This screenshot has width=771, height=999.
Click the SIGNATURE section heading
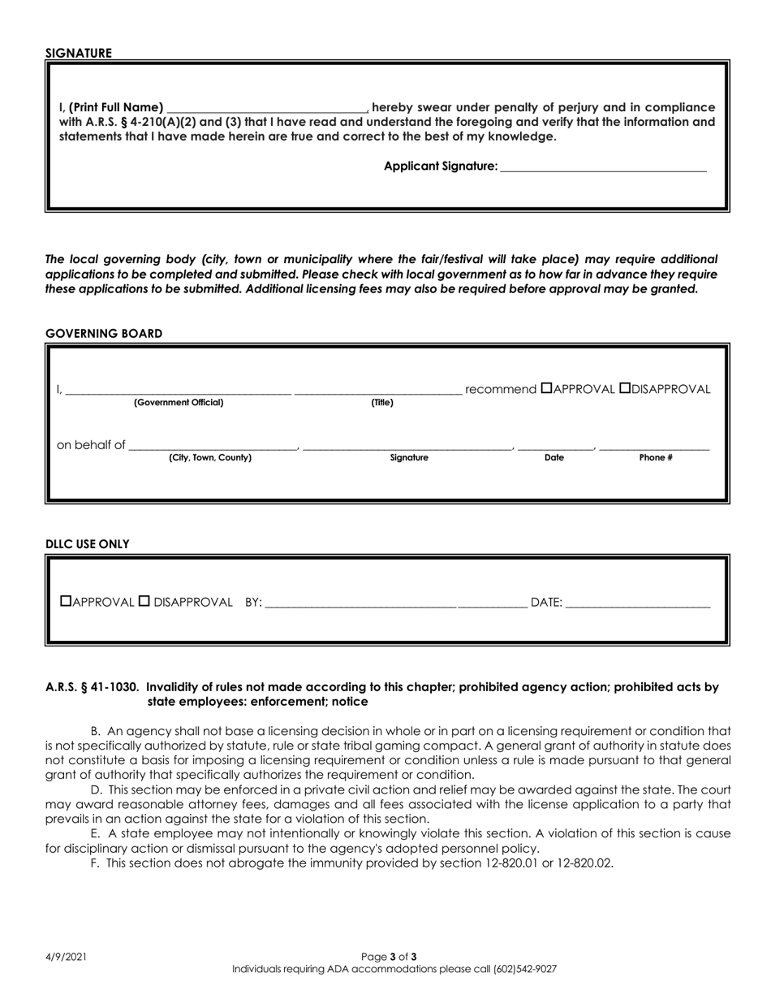[x=79, y=54]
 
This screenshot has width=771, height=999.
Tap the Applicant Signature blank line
[x=603, y=166]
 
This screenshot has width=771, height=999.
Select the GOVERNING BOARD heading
[x=104, y=334]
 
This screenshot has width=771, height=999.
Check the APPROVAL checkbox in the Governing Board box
[x=546, y=389]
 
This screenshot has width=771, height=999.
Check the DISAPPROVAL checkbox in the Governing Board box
[x=625, y=389]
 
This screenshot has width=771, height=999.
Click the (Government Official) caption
[x=179, y=403]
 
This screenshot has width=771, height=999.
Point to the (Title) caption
[x=382, y=403]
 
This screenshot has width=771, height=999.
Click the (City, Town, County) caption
[x=210, y=458]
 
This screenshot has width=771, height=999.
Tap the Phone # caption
[x=656, y=458]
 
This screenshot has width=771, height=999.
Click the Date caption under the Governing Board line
[x=554, y=458]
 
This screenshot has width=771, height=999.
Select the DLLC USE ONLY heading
[x=88, y=544]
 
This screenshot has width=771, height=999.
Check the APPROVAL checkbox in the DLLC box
[x=67, y=602]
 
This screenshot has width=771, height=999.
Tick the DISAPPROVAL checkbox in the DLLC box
[x=144, y=602]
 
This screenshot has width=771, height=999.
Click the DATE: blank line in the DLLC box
[x=637, y=603]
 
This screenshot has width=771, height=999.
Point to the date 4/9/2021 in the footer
[x=66, y=957]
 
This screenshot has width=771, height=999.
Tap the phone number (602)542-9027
[x=524, y=969]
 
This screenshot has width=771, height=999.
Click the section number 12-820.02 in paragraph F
[x=584, y=863]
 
